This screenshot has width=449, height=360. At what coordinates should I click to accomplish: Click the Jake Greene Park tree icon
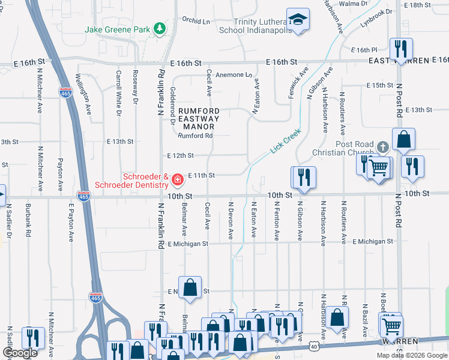(160, 28)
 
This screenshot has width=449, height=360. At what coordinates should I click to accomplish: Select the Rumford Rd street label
(195, 136)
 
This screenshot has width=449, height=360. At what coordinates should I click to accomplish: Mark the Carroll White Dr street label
(118, 94)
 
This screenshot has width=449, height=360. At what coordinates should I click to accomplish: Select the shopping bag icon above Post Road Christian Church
(405, 139)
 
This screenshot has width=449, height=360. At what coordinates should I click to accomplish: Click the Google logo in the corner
(20, 353)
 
